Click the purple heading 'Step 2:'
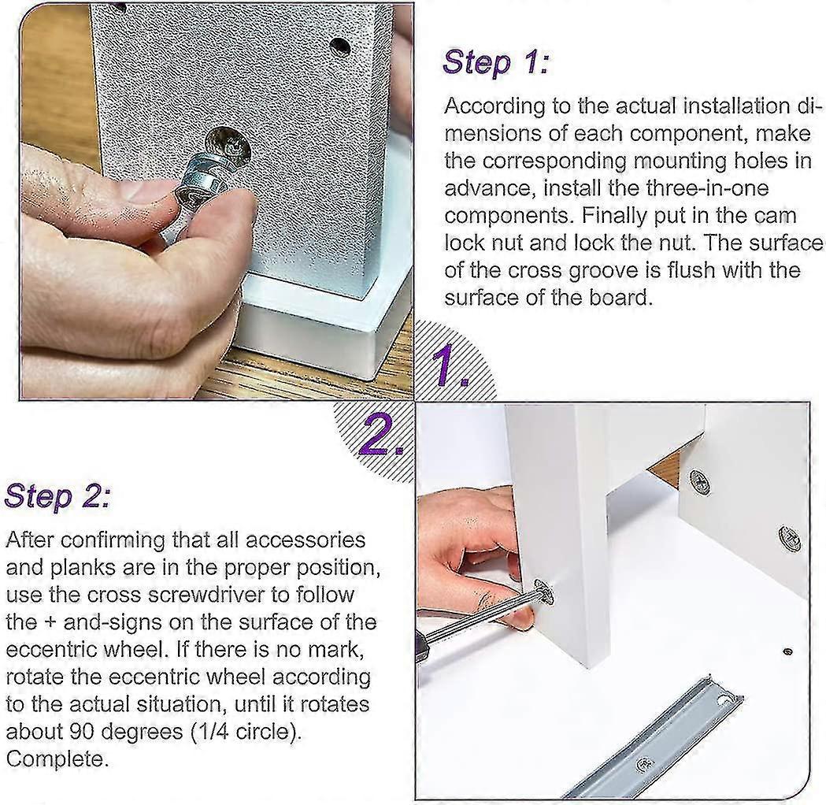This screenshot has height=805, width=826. (x=57, y=497)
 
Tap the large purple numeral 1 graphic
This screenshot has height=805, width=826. (x=448, y=365)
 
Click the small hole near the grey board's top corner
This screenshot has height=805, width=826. (x=341, y=47)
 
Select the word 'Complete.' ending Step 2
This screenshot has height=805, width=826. (x=57, y=759)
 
